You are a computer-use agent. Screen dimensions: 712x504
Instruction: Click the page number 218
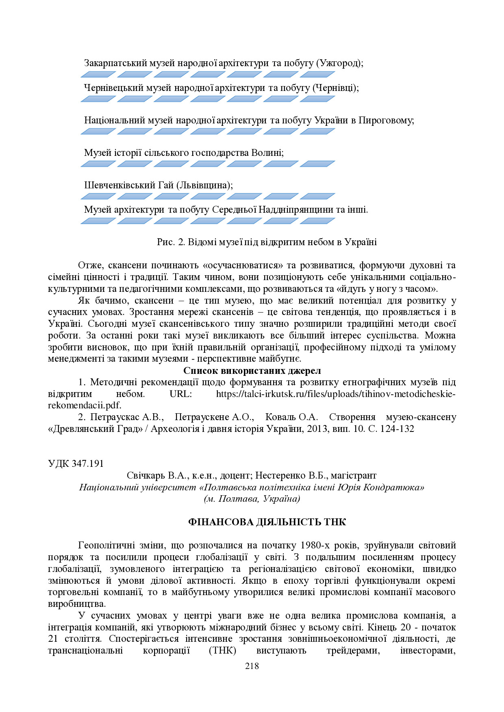pos(252,666)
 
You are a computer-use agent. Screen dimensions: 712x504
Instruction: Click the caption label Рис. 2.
pos(171,242)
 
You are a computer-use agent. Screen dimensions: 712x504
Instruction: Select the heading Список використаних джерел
pos(252,371)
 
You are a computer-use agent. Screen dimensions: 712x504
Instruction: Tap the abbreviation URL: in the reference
pos(180,394)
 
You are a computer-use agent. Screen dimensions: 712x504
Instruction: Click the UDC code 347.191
pos(87,464)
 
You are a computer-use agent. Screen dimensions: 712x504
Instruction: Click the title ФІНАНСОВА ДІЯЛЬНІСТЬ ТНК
pos(267,522)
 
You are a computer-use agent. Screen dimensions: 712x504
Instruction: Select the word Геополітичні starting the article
pos(107,545)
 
